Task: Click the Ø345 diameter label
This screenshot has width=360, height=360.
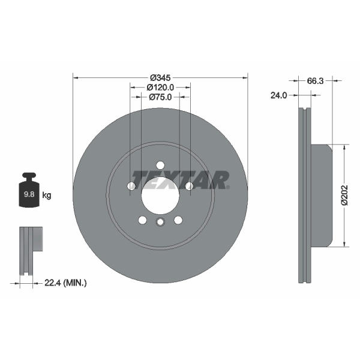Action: pyautogui.click(x=160, y=78)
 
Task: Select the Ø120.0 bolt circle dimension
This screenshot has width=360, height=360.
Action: pyautogui.click(x=160, y=88)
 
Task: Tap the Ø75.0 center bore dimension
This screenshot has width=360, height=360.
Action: pyautogui.click(x=160, y=97)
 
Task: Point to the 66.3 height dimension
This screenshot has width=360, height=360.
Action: pyautogui.click(x=315, y=81)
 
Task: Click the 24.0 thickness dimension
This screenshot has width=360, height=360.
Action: pyautogui.click(x=279, y=95)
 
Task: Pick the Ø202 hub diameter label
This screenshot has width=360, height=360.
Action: pyautogui.click(x=344, y=195)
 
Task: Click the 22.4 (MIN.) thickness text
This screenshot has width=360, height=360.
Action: pyautogui.click(x=65, y=283)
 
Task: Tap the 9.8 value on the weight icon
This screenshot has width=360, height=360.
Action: pyautogui.click(x=29, y=194)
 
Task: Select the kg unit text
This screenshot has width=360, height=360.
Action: pyautogui.click(x=47, y=196)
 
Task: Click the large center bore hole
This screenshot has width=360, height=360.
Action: pyautogui.click(x=160, y=196)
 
